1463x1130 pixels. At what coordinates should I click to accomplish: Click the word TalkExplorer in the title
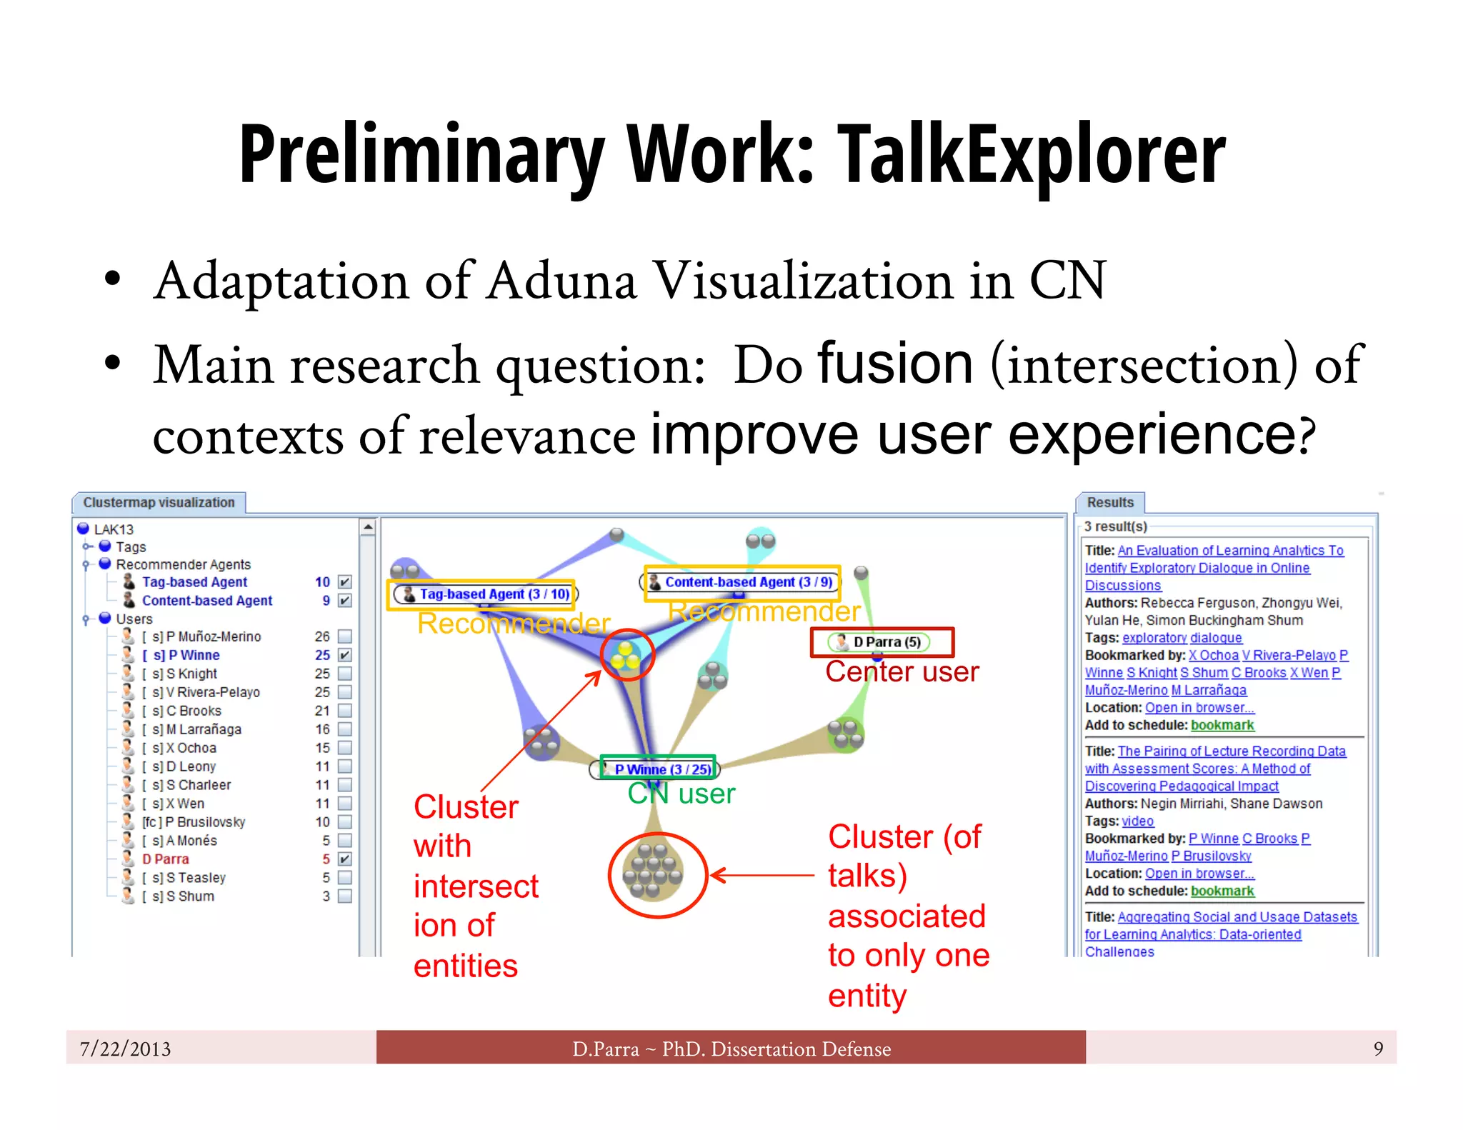point(1030,155)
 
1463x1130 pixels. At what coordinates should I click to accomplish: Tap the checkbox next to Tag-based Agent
point(345,582)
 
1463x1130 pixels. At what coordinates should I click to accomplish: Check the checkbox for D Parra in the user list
point(345,859)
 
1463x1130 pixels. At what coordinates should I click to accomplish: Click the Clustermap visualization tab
point(159,503)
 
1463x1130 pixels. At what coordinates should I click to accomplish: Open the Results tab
point(1109,503)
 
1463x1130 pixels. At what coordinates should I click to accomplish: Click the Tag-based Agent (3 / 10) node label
point(493,594)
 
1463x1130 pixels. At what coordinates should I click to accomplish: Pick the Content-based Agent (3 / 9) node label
point(747,582)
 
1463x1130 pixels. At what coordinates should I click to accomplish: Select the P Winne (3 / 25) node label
point(662,769)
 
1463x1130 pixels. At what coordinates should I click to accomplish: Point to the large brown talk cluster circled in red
point(653,873)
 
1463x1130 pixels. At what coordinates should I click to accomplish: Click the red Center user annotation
point(902,672)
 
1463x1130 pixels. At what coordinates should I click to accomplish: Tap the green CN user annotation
point(681,794)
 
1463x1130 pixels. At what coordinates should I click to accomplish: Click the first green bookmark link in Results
point(1222,725)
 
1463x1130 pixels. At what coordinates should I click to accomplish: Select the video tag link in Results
point(1137,821)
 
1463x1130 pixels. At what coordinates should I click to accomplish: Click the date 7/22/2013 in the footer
point(126,1049)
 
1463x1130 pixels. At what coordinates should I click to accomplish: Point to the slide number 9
point(1378,1049)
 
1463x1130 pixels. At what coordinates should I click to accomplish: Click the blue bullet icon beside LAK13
point(84,529)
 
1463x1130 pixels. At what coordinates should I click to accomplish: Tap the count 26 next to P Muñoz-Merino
point(322,636)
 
